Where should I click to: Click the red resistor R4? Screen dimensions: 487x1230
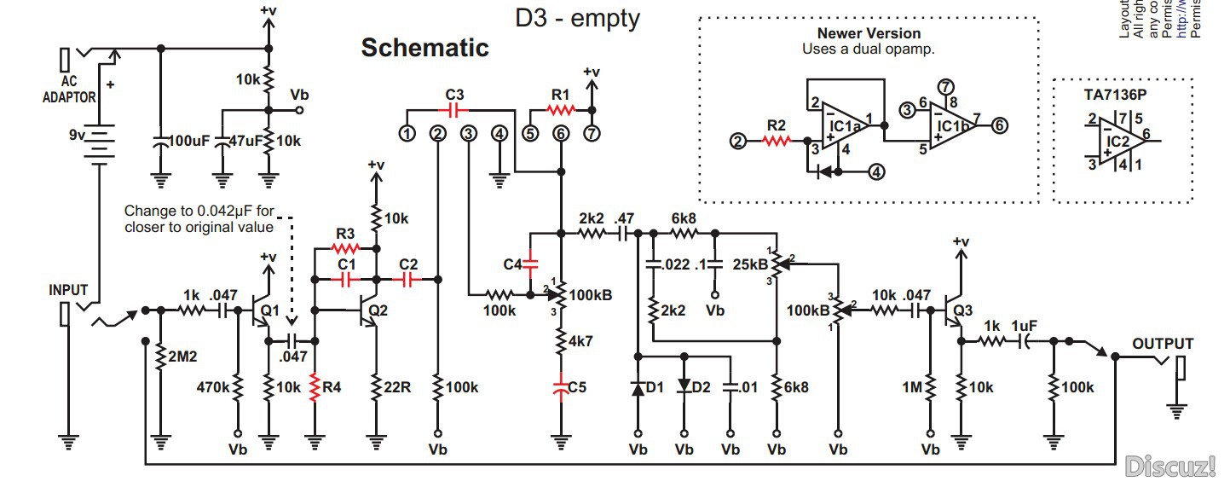pyautogui.click(x=315, y=387)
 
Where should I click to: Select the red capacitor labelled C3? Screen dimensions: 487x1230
pyautogui.click(x=454, y=109)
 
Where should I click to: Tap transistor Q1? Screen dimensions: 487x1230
pyautogui.click(x=262, y=313)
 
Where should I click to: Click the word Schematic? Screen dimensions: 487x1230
pyautogui.click(x=424, y=48)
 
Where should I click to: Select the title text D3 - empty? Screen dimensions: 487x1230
pyautogui.click(x=577, y=18)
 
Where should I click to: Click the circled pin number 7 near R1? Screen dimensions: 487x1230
pyautogui.click(x=592, y=133)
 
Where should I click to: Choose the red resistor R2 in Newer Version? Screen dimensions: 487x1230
pyautogui.click(x=777, y=142)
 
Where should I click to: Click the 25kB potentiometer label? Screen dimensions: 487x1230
pyautogui.click(x=751, y=263)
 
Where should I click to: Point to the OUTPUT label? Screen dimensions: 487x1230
pyautogui.click(x=1163, y=344)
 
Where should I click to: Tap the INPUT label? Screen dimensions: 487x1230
pyautogui.click(x=67, y=290)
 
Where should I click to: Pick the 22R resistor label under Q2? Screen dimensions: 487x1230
pyautogui.click(x=396, y=387)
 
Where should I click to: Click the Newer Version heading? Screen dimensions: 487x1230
pyautogui.click(x=869, y=33)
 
